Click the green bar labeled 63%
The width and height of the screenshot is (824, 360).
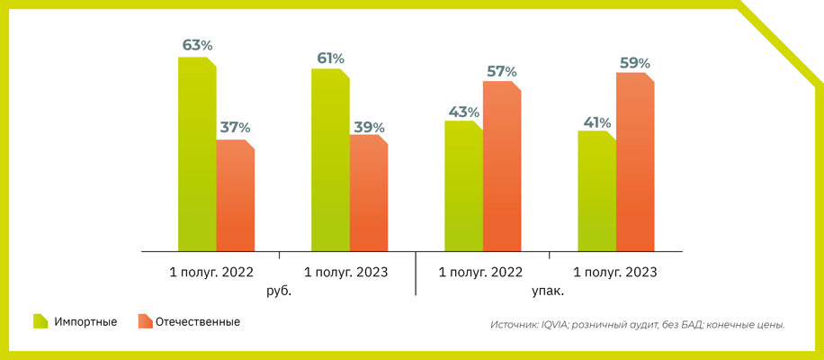point(197,153)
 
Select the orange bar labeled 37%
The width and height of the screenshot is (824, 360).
point(236,195)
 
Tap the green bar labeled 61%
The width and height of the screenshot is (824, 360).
point(330,159)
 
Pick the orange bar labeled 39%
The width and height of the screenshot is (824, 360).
point(369,193)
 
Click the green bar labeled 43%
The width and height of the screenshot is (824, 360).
point(463,185)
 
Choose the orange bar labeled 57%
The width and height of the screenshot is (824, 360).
point(502,166)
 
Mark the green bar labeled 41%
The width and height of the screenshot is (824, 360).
point(596,191)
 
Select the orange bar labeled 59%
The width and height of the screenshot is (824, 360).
point(635,162)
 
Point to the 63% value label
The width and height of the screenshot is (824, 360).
point(197,45)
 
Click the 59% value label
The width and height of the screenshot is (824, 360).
point(635,63)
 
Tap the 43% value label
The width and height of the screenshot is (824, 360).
point(463,112)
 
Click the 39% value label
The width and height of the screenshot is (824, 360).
point(369,128)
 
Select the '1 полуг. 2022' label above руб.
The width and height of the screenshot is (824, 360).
point(211,272)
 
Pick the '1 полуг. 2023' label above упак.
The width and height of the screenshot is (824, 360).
point(614,272)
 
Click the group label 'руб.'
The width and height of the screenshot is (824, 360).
point(279,292)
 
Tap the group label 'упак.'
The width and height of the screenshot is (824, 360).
point(548,292)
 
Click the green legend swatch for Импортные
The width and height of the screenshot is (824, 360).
point(40,321)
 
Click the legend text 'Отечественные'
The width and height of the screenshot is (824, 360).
point(200,321)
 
